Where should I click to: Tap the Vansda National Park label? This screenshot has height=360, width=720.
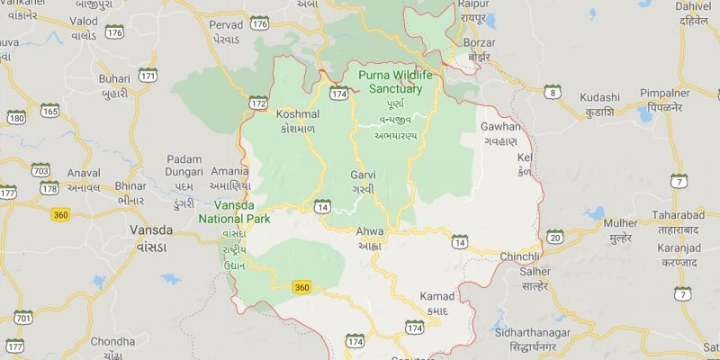tap(210, 211)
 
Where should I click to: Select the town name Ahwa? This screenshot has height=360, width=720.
tap(370, 231)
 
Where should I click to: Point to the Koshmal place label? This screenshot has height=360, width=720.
tap(299, 115)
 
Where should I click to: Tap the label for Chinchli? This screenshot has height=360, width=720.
tap(519, 257)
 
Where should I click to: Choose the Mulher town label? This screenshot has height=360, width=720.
tap(619, 222)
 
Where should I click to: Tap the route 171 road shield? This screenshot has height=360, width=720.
tap(148, 76)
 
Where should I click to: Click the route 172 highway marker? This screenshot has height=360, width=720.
tap(258, 104)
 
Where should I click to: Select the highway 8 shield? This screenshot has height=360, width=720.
tap(553, 92)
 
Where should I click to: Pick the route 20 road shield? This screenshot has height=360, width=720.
tap(554, 237)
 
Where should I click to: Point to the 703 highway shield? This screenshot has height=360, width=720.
tap(40, 170)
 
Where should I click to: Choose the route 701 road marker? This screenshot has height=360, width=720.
tap(23, 318)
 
